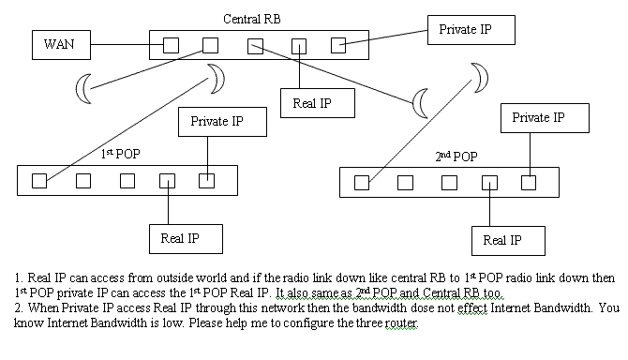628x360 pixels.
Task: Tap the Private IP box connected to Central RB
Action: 471,30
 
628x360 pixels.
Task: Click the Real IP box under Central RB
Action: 318,102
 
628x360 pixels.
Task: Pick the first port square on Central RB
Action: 171,44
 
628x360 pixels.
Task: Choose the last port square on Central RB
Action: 338,44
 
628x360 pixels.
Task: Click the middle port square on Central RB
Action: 255,44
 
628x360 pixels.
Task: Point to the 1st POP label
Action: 118,152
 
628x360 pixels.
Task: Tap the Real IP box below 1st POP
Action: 186,238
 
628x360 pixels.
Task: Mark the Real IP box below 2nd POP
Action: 508,241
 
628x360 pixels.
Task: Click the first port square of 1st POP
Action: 39,181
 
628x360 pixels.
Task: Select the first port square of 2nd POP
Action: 362,183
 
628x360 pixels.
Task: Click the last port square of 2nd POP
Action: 529,183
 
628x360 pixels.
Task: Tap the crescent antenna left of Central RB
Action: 85,87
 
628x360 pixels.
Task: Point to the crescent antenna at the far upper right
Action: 481,73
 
